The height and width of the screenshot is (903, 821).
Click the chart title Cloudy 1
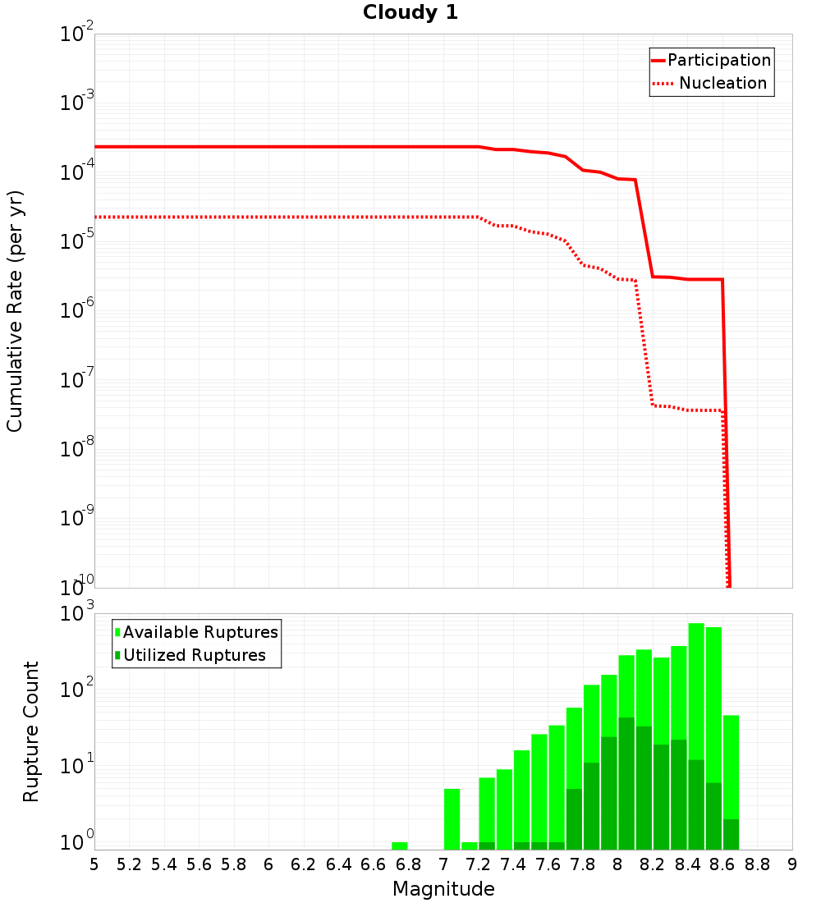pyautogui.click(x=410, y=13)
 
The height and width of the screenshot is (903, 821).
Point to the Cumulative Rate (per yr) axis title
pyautogui.click(x=15, y=310)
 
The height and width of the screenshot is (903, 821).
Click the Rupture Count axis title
pyautogui.click(x=31, y=731)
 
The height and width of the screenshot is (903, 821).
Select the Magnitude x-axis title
pyautogui.click(x=443, y=889)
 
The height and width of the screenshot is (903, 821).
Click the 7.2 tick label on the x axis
pyautogui.click(x=478, y=864)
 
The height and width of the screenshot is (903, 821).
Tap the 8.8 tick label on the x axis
pyautogui.click(x=757, y=864)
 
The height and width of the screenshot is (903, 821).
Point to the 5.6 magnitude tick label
pyautogui.click(x=199, y=864)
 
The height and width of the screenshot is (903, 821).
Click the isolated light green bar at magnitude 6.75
pyautogui.click(x=400, y=846)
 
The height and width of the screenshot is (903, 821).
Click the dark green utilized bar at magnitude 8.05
pyautogui.click(x=626, y=783)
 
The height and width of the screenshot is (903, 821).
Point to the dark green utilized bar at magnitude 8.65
pyautogui.click(x=731, y=834)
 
